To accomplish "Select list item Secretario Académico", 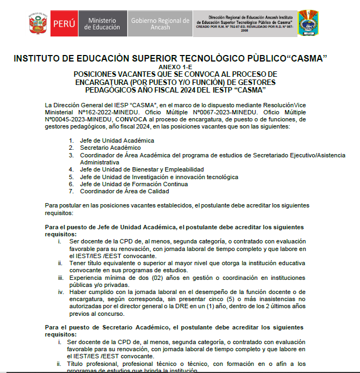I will (110, 148).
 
